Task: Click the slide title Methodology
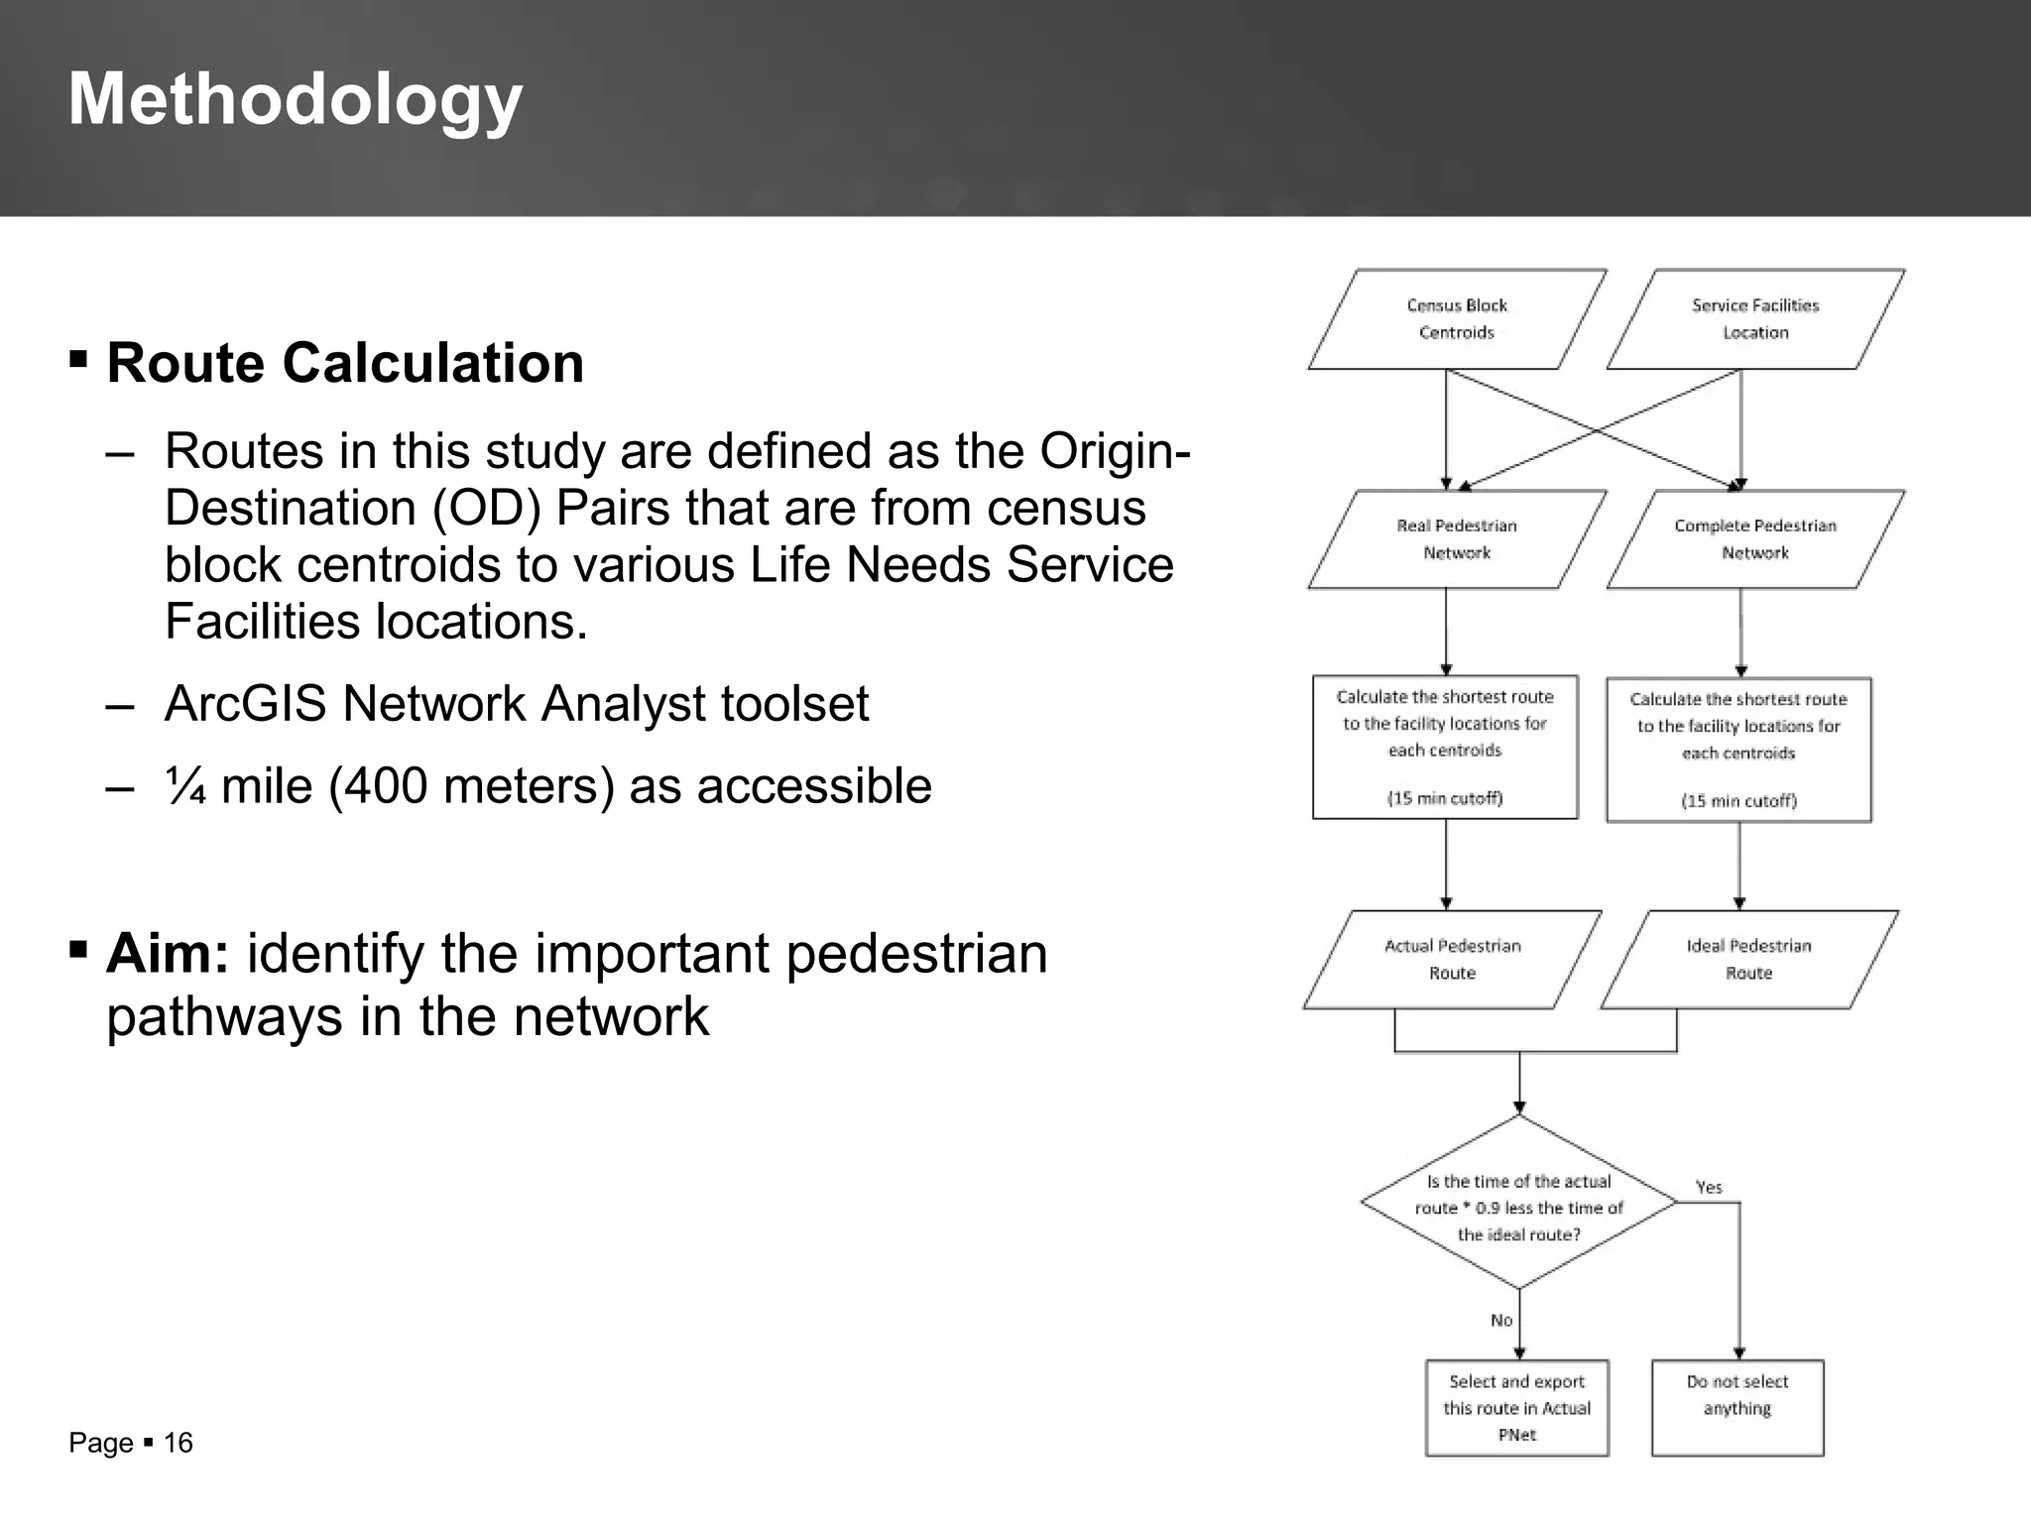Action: [295, 100]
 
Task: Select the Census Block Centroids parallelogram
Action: [1456, 319]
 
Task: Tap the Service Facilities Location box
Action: [1754, 319]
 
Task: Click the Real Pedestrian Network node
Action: [1456, 539]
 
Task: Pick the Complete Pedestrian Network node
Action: [1754, 539]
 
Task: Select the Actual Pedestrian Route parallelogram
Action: [1452, 960]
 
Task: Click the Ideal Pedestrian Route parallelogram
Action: [1748, 960]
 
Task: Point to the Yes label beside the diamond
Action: [1709, 1187]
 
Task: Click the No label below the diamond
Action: [1501, 1321]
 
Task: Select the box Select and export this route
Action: [1516, 1408]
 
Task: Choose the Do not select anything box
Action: [1737, 1408]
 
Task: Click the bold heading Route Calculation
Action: [345, 363]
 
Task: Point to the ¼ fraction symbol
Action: [184, 786]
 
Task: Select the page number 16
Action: [179, 1443]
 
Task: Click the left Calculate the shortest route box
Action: [1445, 748]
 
